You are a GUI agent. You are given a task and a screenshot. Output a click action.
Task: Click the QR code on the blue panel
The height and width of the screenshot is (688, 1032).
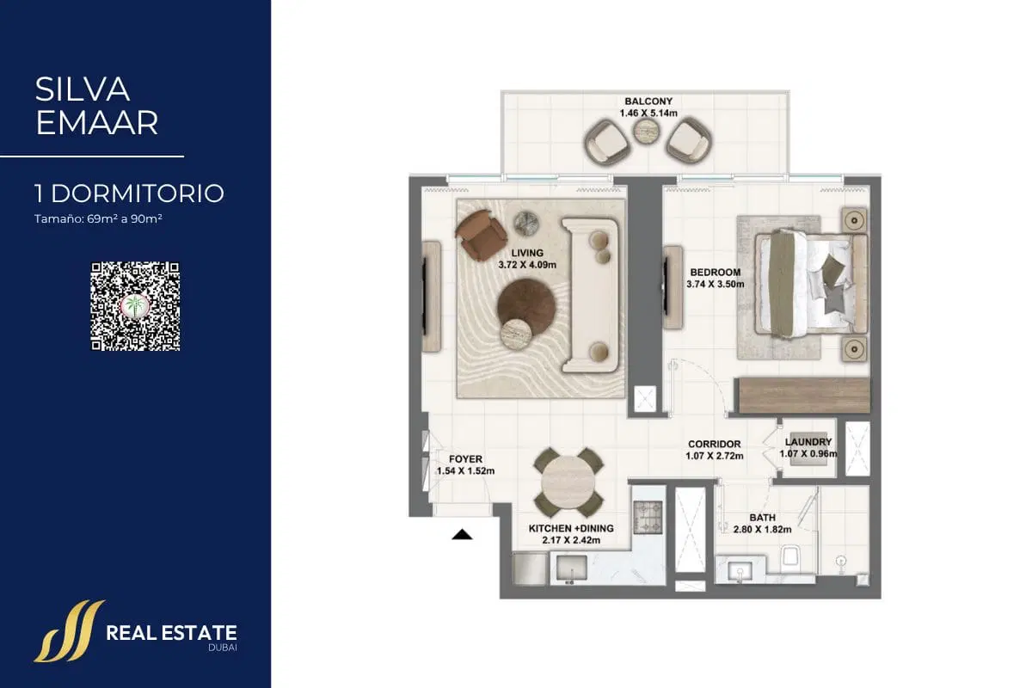tap(136, 306)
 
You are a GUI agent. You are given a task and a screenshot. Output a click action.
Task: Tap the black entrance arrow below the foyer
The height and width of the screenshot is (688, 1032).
tap(462, 535)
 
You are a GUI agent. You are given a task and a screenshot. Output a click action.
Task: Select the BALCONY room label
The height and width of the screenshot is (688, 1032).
tap(648, 101)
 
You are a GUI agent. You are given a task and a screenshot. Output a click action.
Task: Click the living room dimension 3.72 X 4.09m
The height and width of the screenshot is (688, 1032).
tap(527, 265)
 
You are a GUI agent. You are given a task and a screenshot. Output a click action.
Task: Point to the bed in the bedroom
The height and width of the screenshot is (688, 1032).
tap(811, 284)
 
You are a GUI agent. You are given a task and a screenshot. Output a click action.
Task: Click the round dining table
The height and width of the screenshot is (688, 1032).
tap(568, 482)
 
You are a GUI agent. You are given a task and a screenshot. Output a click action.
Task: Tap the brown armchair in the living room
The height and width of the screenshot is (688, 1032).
tap(481, 235)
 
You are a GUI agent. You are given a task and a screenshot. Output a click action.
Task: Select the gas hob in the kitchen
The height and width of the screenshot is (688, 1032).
tap(648, 517)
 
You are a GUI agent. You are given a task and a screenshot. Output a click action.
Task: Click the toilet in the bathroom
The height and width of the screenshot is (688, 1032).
tap(790, 556)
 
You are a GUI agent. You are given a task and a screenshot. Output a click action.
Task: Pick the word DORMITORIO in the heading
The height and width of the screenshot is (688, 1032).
tap(138, 193)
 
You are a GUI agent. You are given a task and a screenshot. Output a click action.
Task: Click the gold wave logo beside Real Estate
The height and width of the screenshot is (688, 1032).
tap(69, 631)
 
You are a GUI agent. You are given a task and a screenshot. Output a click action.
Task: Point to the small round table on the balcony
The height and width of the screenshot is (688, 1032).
tap(646, 132)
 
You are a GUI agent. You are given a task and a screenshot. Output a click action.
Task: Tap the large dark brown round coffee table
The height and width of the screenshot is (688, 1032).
tap(526, 306)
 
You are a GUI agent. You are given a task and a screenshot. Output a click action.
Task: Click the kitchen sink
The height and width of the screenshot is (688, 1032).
tap(571, 568)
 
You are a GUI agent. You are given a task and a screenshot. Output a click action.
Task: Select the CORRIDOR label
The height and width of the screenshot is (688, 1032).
tap(714, 445)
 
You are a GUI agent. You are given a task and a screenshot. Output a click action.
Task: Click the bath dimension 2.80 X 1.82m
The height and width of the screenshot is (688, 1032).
tap(763, 530)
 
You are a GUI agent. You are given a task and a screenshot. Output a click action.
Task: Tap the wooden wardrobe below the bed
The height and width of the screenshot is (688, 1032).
tap(804, 396)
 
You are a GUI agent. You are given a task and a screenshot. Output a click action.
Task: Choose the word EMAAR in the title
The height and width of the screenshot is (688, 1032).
tap(96, 123)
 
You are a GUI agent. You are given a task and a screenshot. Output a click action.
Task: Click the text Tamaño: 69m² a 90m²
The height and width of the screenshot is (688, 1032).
tap(98, 219)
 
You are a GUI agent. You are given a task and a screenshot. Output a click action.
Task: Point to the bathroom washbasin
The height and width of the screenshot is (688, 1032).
tap(740, 570)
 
